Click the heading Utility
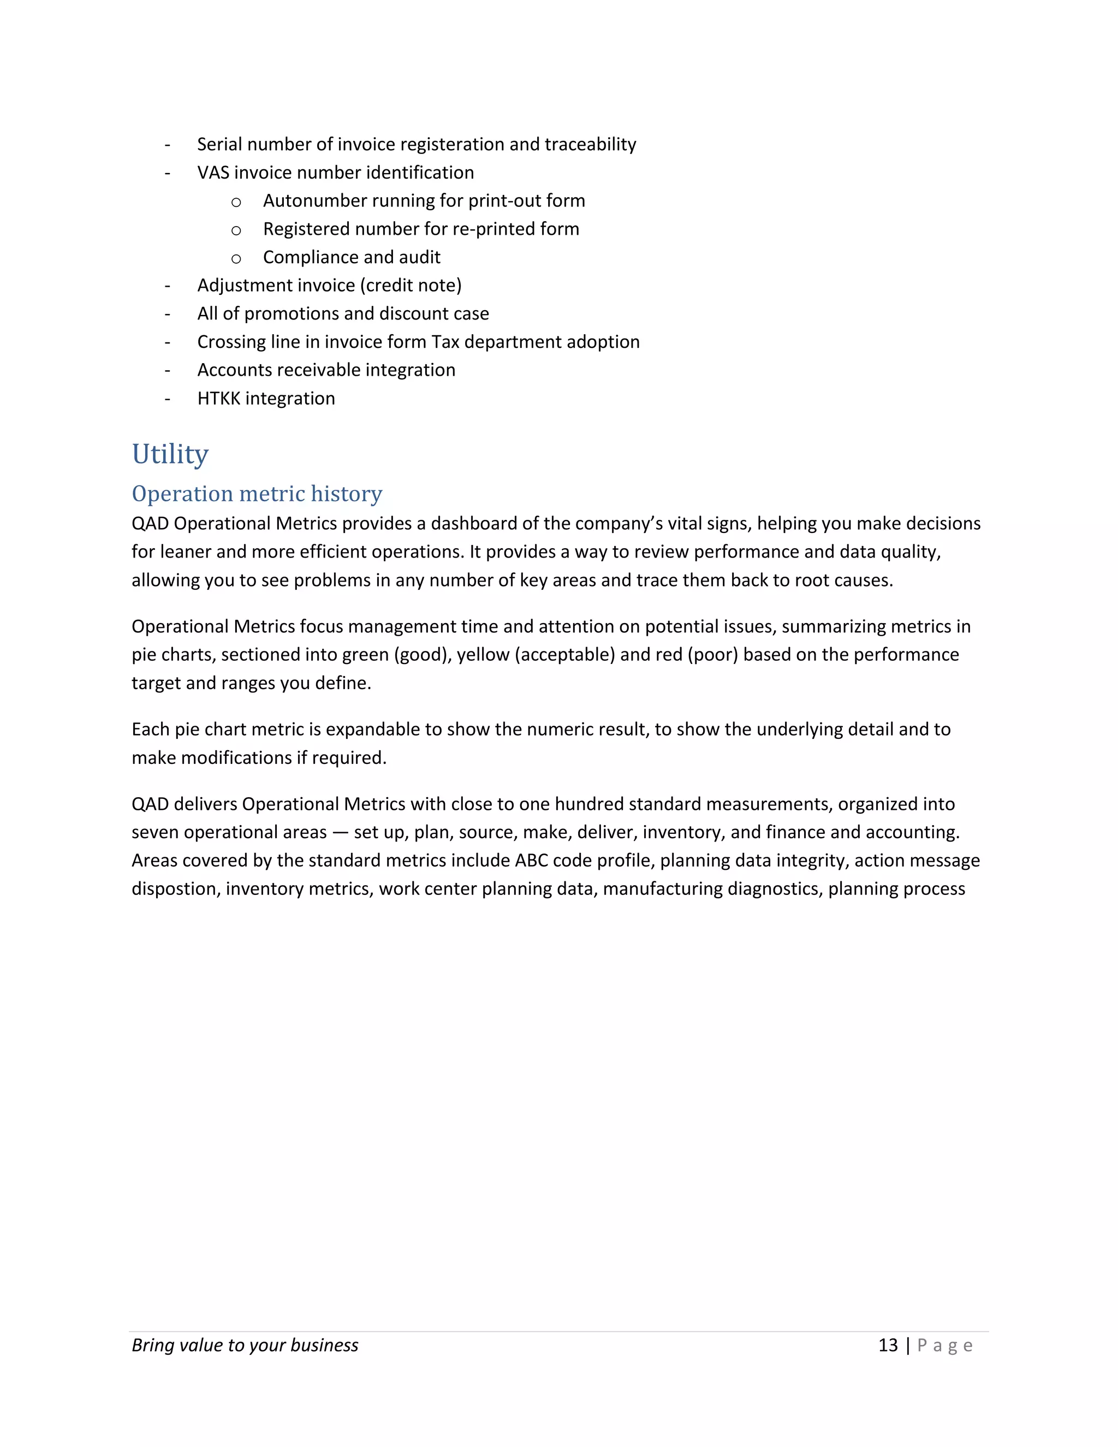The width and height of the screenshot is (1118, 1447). pos(170,454)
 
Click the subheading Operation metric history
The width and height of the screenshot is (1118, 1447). pos(257,494)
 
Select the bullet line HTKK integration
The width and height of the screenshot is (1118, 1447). pos(266,399)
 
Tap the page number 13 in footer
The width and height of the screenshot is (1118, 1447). pos(888,1345)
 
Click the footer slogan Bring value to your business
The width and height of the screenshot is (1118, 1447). pos(245,1345)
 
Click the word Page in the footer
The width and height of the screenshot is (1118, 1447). pos(944,1345)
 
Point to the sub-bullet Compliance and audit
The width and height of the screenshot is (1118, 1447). pos(351,257)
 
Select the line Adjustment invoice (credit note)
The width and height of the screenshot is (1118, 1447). pos(329,286)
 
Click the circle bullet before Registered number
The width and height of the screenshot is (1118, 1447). pos(236,230)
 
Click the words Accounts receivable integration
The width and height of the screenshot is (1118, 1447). pos(326,370)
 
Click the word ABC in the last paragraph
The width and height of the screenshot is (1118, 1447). pos(531,861)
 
